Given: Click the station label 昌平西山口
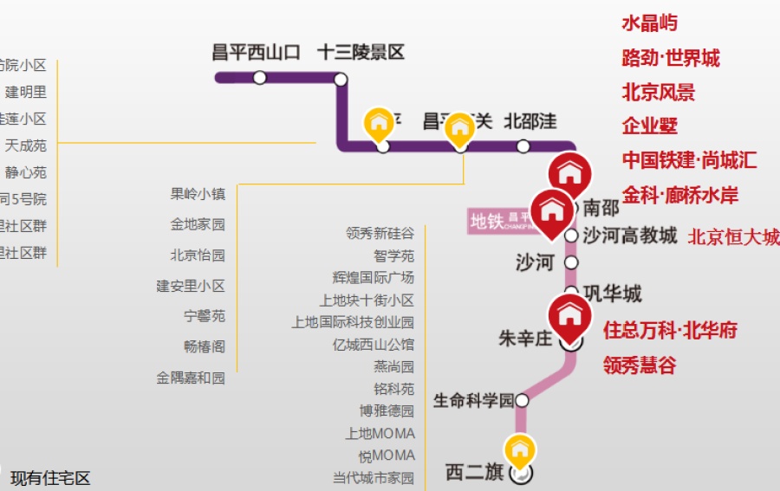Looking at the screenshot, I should click(x=257, y=53).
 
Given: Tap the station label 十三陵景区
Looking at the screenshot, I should click(x=361, y=53).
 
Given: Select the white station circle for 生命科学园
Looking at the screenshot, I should click(x=522, y=400).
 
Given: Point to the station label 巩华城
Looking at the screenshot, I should click(x=613, y=294).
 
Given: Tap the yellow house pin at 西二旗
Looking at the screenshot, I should click(x=520, y=451).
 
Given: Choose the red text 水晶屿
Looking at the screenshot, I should click(x=650, y=23).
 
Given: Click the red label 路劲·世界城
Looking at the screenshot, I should click(x=671, y=59).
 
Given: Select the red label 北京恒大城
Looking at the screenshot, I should click(x=733, y=237).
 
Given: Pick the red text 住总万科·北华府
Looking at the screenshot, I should click(x=671, y=331).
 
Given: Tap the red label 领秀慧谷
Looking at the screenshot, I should click(x=640, y=365).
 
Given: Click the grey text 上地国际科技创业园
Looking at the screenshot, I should click(x=353, y=322).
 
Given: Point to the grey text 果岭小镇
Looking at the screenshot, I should click(x=198, y=195).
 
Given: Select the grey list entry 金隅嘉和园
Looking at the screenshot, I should click(x=191, y=378).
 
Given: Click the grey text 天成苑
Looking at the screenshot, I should click(x=26, y=145).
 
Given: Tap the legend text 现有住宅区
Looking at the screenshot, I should click(x=50, y=478).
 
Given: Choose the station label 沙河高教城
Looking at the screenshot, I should click(x=630, y=236).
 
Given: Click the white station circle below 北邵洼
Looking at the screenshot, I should click(x=523, y=146).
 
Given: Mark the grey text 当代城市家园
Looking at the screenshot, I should click(x=374, y=478).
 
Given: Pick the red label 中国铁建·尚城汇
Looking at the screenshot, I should click(x=689, y=160).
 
